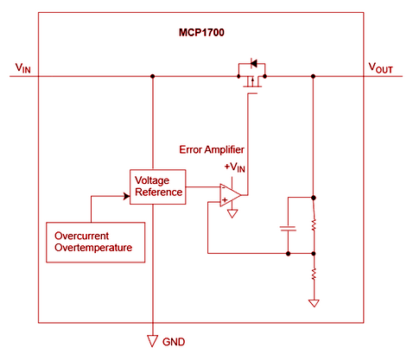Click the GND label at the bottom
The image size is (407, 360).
[174, 341]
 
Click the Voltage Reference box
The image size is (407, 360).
[157, 186]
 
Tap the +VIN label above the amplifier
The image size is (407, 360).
[234, 167]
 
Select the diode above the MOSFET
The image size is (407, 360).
[253, 62]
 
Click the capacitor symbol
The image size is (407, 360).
[288, 229]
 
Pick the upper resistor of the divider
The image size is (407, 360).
[313, 224]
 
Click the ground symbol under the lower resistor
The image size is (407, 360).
[313, 304]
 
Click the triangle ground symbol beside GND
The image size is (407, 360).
[152, 340]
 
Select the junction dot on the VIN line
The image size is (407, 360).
[152, 76]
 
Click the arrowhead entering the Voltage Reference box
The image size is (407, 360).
[125, 196]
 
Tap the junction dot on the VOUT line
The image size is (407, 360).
[313, 76]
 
